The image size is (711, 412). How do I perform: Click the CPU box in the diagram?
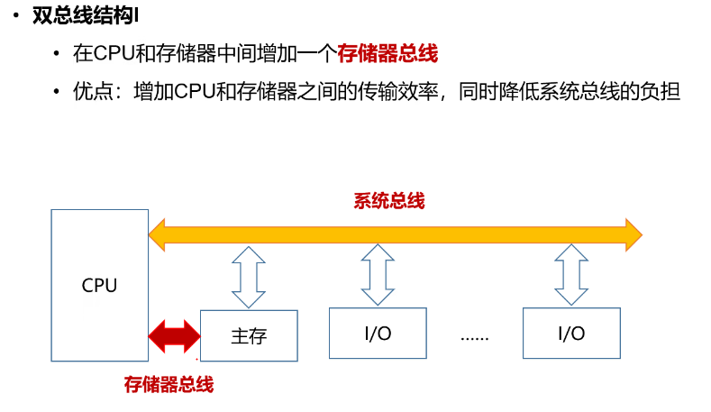(99, 285)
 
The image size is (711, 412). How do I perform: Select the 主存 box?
(249, 335)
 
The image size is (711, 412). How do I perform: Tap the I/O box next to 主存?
(378, 333)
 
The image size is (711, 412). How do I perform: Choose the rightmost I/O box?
(571, 333)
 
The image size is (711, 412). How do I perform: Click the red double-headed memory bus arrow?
(173, 335)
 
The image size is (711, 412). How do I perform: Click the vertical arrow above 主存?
(249, 278)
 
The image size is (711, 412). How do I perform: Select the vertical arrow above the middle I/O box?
(378, 276)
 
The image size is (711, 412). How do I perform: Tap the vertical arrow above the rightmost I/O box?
(571, 276)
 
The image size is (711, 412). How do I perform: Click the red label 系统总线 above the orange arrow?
(388, 201)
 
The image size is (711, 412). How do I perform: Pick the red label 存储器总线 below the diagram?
(169, 385)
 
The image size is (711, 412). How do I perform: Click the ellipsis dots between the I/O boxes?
(474, 336)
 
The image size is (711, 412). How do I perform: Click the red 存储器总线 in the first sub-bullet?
(387, 54)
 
